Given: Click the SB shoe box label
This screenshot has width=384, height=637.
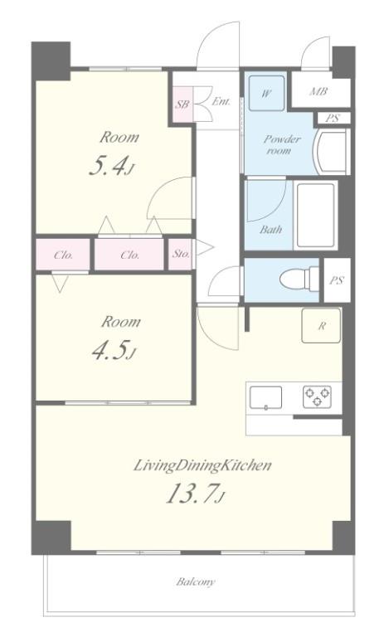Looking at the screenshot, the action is pyautogui.click(x=182, y=104).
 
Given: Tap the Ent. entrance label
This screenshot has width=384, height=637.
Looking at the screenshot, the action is pyautogui.click(x=221, y=101).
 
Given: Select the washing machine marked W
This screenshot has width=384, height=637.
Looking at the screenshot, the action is pyautogui.click(x=266, y=93).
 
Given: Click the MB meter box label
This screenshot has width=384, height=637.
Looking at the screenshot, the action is pyautogui.click(x=318, y=91).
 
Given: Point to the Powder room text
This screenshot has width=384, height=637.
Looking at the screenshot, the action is pyautogui.click(x=282, y=144).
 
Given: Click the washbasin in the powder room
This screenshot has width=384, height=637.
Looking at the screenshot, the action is pyautogui.click(x=332, y=151).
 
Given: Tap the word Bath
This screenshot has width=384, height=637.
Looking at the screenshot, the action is pyautogui.click(x=270, y=230).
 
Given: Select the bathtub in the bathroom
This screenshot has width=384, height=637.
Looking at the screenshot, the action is pyautogui.click(x=316, y=216).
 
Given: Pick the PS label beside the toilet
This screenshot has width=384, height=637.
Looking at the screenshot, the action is pyautogui.click(x=337, y=280).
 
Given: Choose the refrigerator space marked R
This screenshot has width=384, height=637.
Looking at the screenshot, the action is pyautogui.click(x=321, y=325).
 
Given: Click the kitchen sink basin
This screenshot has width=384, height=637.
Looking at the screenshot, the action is pyautogui.click(x=265, y=397).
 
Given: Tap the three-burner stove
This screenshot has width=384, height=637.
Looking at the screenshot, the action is pyautogui.click(x=318, y=397).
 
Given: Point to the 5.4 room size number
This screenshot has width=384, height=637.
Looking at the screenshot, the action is pyautogui.click(x=107, y=166).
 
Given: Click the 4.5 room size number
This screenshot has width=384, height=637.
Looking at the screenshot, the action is pyautogui.click(x=109, y=350).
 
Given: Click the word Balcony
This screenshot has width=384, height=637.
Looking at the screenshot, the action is pyautogui.click(x=196, y=581).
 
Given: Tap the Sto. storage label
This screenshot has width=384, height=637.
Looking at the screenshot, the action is pyautogui.click(x=181, y=255).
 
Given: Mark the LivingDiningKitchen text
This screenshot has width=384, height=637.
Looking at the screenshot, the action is pyautogui.click(x=202, y=465).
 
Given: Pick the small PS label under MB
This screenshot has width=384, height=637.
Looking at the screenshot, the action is pyautogui.click(x=333, y=119).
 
